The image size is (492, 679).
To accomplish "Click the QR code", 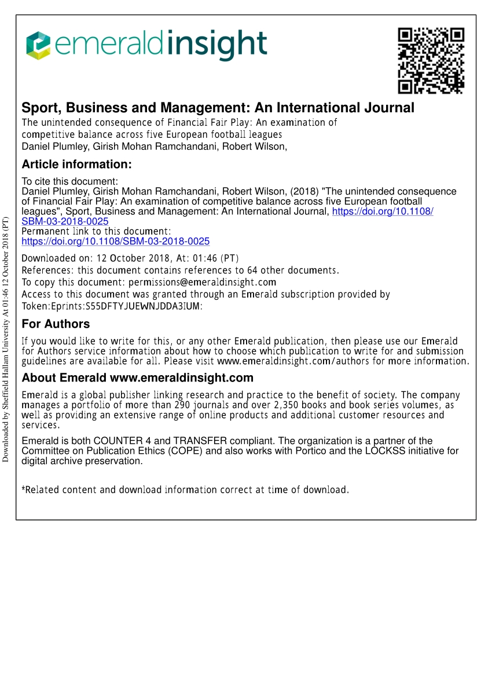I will click(431, 60).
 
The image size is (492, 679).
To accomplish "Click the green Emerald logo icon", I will click(38, 46).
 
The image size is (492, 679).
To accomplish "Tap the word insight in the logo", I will click(218, 45).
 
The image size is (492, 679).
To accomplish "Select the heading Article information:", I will click(77, 164).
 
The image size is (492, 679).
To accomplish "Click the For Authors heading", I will click(56, 324).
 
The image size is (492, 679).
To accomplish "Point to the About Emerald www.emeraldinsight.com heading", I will click(137, 379).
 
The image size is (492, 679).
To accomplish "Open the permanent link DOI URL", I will click(115, 241).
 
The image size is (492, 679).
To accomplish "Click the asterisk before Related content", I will click(24, 489).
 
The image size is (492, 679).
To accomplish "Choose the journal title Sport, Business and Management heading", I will click(218, 108).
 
